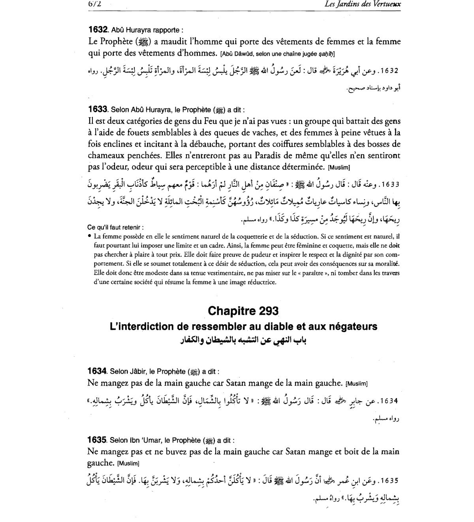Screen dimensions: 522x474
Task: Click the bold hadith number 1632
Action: [x=98, y=30]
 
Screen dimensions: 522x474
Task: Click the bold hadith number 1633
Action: [x=98, y=109]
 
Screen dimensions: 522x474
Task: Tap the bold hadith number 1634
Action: [x=97, y=371]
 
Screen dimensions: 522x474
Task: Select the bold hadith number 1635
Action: [x=97, y=440]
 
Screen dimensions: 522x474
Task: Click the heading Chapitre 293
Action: [x=243, y=311]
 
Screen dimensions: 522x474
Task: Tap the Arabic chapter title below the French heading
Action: [x=243, y=340]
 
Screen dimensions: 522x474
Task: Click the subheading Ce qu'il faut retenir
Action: [x=115, y=227]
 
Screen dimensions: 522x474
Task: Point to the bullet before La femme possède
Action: [x=90, y=237]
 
